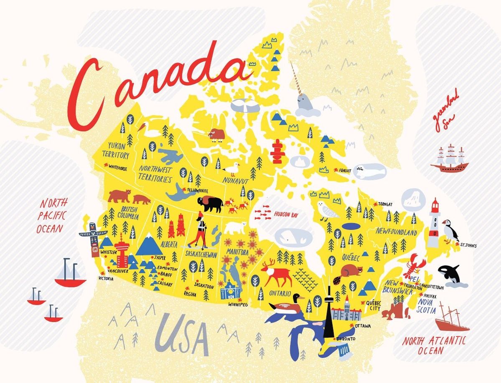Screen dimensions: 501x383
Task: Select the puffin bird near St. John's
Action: [450, 230]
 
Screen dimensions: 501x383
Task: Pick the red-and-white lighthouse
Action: [435, 223]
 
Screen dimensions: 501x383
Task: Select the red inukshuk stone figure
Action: [277, 151]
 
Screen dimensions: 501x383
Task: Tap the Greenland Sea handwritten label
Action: [445, 111]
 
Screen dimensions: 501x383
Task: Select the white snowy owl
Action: [328, 210]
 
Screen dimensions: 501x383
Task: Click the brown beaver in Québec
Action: [351, 272]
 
